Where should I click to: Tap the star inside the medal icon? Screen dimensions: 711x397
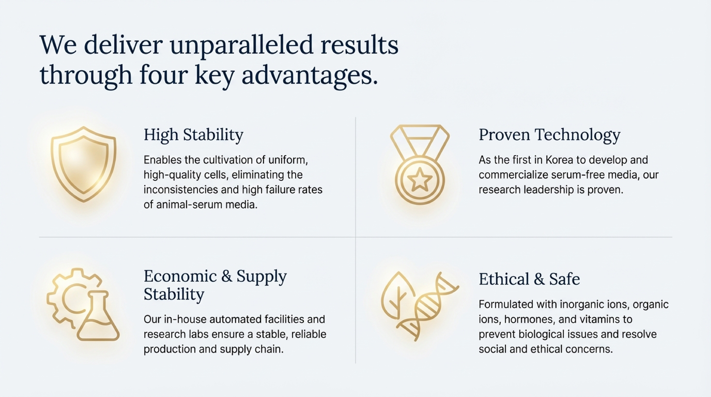(420, 180)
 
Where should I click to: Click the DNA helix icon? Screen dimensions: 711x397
(428, 306)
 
